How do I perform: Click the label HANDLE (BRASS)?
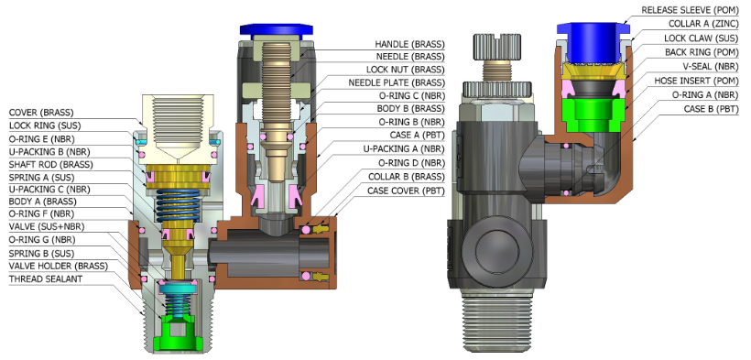point(409,44)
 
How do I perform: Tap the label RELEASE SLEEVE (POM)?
point(691,9)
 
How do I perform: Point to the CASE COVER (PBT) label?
point(406,191)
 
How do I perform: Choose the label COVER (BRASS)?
point(41,113)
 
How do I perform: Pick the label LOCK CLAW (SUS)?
point(702,38)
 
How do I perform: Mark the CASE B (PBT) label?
point(712,110)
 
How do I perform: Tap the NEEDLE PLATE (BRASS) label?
point(396,83)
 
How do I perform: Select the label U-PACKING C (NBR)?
point(49,190)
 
